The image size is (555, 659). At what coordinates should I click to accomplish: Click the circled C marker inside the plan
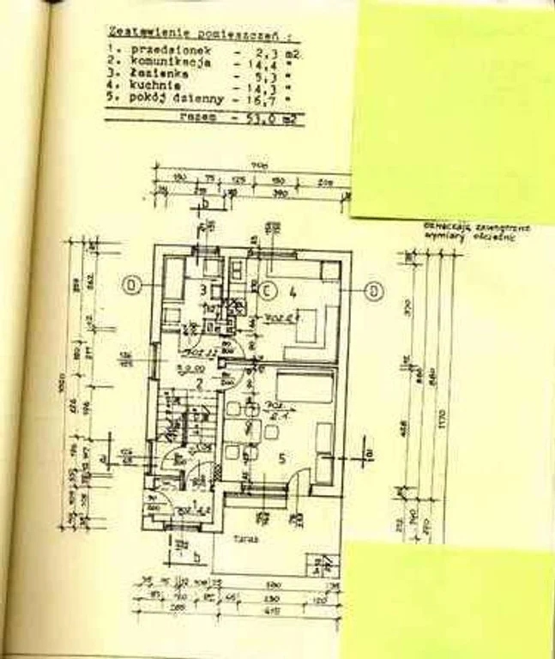click(x=267, y=288)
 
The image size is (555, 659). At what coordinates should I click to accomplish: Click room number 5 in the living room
click(x=284, y=457)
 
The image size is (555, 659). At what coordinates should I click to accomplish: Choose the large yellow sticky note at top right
click(x=453, y=110)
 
